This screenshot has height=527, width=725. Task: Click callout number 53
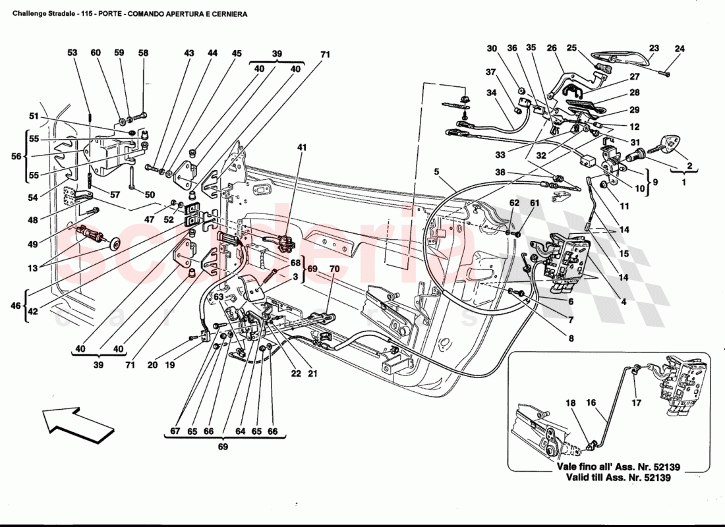click(x=72, y=53)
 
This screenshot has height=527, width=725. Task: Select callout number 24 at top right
click(x=680, y=48)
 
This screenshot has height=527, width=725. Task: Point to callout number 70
click(x=334, y=269)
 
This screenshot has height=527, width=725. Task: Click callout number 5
click(x=436, y=173)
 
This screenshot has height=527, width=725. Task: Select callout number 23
click(x=653, y=48)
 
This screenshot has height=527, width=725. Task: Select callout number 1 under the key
click(x=683, y=182)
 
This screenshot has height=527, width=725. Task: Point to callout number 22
click(x=296, y=374)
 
